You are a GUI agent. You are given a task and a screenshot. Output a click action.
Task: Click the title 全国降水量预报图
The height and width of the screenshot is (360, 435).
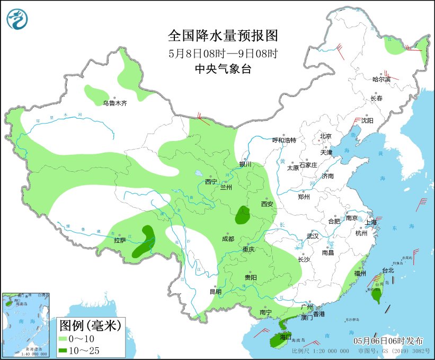pyautogui.click(x=223, y=36)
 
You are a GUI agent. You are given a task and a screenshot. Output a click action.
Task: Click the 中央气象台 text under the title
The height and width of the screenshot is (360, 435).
pyautogui.click(x=223, y=68)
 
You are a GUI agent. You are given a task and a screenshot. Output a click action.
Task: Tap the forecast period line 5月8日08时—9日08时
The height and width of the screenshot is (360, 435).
pyautogui.click(x=223, y=53)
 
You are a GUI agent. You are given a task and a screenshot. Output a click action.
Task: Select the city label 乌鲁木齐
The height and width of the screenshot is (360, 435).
pyautogui.click(x=115, y=103)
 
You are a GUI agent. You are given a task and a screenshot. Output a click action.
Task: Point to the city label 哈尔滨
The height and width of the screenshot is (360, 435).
pyautogui.click(x=381, y=79)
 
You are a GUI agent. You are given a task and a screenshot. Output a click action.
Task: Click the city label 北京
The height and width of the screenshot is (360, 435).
pyautogui.click(x=325, y=136)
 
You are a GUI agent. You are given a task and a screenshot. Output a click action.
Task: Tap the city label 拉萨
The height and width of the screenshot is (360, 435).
pyautogui.click(x=120, y=240)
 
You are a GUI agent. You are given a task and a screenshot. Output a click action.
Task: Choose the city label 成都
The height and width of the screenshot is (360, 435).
pyautogui.click(x=228, y=239)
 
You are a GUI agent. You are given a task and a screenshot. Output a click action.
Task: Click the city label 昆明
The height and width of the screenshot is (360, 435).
pyautogui.click(x=215, y=291)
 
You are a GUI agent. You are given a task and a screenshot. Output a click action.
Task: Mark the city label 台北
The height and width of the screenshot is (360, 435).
pyautogui.click(x=388, y=270)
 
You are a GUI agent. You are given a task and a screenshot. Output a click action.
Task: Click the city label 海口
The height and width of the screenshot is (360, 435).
pyautogui.click(x=286, y=337)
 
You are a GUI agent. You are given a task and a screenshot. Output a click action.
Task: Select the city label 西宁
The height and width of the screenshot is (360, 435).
pyautogui.click(x=211, y=182)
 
